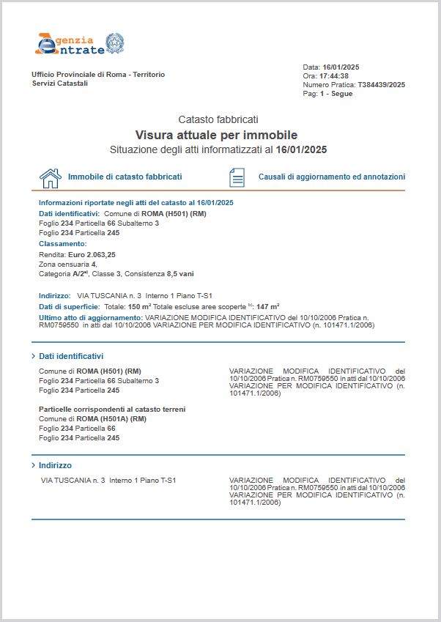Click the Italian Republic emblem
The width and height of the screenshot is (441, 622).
coord(115,42)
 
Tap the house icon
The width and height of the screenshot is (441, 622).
coord(50,177)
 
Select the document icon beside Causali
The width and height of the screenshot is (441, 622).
coord(237,177)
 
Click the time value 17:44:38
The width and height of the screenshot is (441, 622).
coord(333,75)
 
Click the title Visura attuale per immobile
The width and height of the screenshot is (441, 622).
coord(216,135)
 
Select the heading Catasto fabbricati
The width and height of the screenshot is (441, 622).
coord(218,119)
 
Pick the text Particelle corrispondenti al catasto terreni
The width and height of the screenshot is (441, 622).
coord(112,409)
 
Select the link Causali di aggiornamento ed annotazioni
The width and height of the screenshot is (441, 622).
coord(331,177)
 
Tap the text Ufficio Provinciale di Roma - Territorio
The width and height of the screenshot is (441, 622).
coord(98,75)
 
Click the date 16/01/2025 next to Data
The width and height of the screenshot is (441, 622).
coord(341,67)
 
